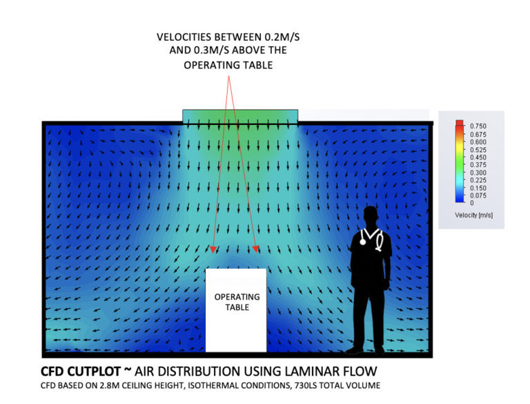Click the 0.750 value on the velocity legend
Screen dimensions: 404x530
click(x=478, y=126)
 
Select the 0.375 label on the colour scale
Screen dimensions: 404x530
click(x=478, y=165)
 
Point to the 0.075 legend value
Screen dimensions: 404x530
click(x=478, y=195)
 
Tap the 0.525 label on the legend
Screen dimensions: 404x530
click(x=478, y=149)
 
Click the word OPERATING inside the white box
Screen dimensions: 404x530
click(x=237, y=297)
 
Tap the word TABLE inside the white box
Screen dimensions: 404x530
click(x=237, y=307)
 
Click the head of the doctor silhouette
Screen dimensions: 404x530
click(x=371, y=215)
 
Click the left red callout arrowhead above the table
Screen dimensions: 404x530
click(x=214, y=249)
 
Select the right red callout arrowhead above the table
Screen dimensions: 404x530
click(x=257, y=249)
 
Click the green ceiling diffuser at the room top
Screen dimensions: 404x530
click(x=240, y=115)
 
